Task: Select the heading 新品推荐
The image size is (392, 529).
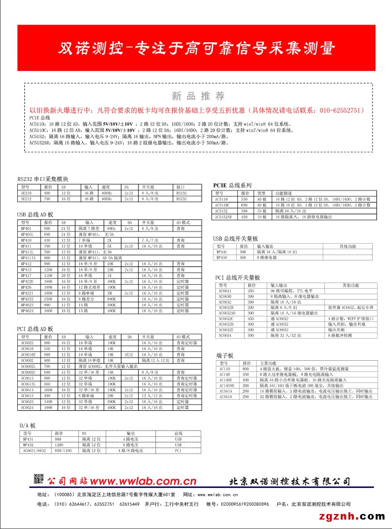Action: [x=198, y=95]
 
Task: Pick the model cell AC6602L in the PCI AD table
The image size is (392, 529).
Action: [x=28, y=366]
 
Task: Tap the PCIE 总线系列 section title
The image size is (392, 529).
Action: [x=232, y=185]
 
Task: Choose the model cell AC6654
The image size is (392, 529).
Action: [x=225, y=335]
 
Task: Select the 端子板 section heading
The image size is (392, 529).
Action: [x=225, y=355]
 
